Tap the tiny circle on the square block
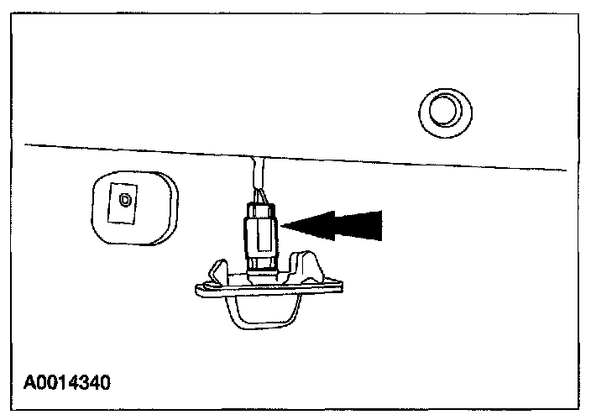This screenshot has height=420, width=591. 126,200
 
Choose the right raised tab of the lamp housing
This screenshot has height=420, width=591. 311,267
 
